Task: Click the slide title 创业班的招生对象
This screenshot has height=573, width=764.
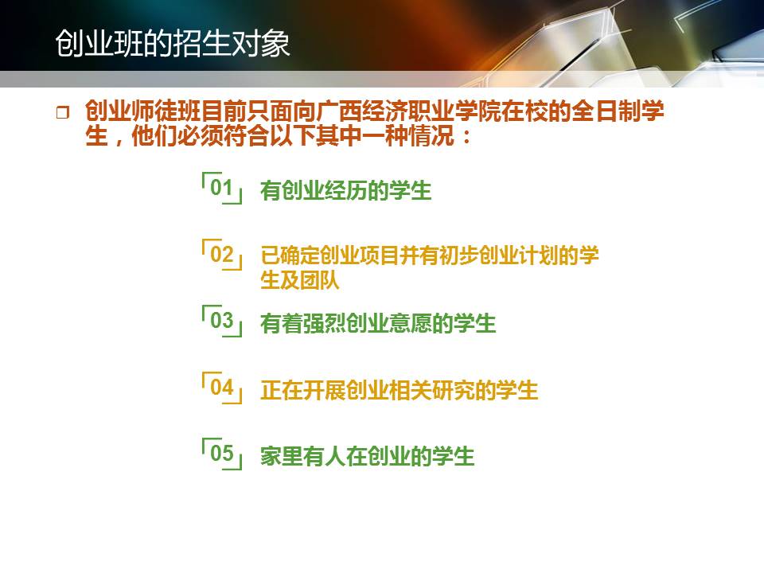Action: [173, 43]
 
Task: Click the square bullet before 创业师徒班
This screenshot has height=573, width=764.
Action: [62, 113]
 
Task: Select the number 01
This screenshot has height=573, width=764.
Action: [221, 187]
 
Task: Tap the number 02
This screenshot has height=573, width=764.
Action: [222, 254]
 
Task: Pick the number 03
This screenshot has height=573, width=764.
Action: [222, 320]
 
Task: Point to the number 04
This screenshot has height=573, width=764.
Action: [222, 387]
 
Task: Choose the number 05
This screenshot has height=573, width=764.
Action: [222, 453]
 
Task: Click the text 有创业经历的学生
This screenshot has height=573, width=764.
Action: [346, 190]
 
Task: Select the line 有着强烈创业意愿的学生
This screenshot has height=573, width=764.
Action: [378, 324]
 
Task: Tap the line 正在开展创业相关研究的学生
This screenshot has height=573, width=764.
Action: [400, 390]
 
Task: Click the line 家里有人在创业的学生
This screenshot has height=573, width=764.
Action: [368, 457]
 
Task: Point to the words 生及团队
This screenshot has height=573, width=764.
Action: [300, 280]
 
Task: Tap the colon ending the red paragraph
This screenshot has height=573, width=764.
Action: [467, 136]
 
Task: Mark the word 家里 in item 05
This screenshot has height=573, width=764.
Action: [282, 457]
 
